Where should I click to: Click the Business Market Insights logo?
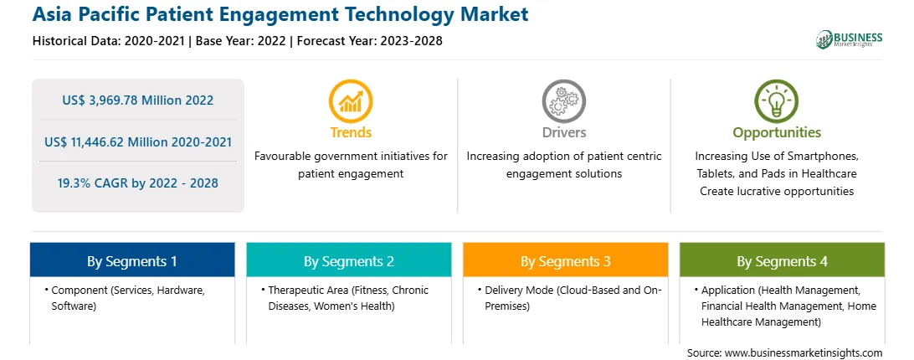[849, 39]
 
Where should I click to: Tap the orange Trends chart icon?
[351, 101]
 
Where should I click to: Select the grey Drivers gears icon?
[563, 101]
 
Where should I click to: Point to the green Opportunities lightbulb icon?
[777, 101]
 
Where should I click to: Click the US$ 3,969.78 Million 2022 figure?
[138, 100]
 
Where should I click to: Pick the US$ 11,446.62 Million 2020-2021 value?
[138, 141]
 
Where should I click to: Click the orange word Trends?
[351, 132]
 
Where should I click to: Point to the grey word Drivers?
[564, 132]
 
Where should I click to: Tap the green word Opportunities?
[777, 133]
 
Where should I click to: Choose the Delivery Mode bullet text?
[569, 297]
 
